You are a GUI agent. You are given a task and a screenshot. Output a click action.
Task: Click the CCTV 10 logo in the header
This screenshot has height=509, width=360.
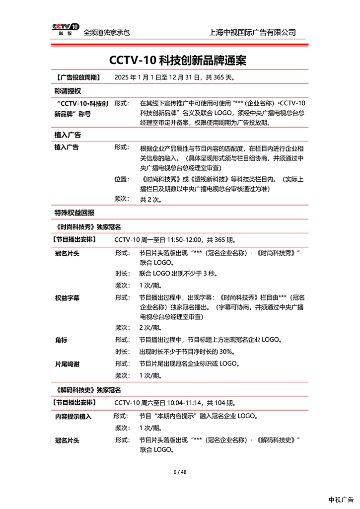[65, 29]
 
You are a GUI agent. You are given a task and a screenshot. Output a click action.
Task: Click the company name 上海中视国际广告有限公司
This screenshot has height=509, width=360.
[253, 32]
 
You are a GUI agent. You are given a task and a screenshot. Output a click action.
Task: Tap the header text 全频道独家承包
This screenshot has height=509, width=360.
[107, 32]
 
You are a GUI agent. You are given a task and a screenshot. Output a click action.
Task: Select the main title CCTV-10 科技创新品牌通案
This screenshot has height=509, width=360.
[178, 60]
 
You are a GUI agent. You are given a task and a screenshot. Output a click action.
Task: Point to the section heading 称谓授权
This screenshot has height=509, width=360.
[68, 91]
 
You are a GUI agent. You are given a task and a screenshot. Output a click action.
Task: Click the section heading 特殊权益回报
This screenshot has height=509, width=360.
[74, 213]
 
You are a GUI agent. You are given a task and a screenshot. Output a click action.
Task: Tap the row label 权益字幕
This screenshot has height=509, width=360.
[67, 298]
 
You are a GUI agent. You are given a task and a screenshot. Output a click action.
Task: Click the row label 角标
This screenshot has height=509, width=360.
[61, 340]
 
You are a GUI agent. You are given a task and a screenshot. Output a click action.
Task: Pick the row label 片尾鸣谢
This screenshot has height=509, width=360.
[67, 364]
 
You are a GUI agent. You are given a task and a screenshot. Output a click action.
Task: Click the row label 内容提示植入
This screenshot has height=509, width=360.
[73, 416]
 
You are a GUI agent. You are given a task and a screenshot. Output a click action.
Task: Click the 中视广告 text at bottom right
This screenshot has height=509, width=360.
[341, 500]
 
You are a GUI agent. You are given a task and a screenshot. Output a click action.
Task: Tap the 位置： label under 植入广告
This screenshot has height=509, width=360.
[122, 179]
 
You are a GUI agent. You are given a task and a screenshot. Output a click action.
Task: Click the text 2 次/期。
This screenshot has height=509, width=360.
[150, 328]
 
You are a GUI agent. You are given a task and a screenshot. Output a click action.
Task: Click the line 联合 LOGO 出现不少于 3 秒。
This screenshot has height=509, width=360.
[178, 274]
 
